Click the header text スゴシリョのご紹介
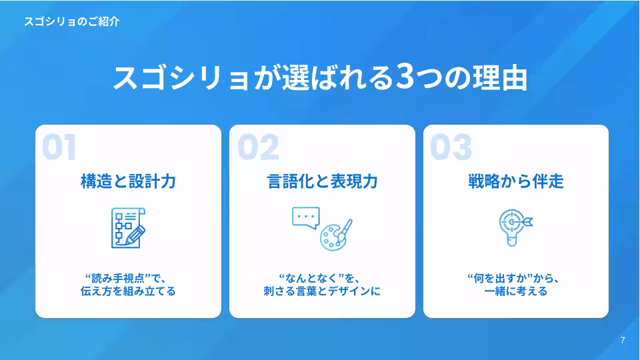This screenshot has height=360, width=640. click(x=71, y=21)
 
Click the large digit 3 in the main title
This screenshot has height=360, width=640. click(x=404, y=77)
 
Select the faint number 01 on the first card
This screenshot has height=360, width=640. click(x=59, y=148)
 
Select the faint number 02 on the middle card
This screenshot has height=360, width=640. click(x=258, y=148)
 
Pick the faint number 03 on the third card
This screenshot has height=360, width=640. click(x=451, y=148)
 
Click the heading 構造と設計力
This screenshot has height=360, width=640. click(x=128, y=181)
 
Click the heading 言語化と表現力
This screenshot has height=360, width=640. click(x=322, y=181)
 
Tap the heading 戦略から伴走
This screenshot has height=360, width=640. click(x=516, y=181)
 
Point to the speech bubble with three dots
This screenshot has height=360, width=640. click(x=306, y=218)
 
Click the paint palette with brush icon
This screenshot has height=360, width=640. click(x=336, y=235)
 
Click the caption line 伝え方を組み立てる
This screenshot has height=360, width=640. click(x=128, y=291)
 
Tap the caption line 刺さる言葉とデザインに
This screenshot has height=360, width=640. click(x=322, y=291)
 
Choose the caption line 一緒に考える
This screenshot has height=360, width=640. click(x=516, y=291)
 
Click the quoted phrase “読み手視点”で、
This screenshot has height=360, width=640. click(x=128, y=277)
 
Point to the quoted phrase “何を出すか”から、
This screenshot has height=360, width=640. click(x=516, y=277)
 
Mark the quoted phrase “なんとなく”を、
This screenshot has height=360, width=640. click(x=322, y=277)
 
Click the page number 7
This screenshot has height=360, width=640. click(x=623, y=341)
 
